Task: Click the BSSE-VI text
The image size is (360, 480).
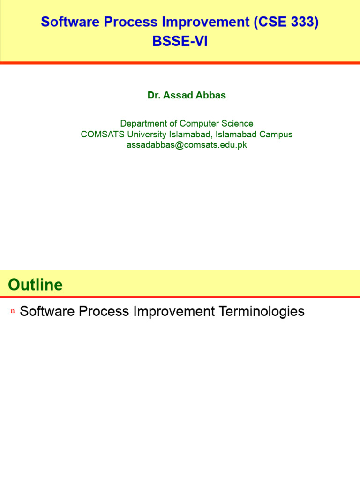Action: pos(180,41)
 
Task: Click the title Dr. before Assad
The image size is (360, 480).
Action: pos(154,95)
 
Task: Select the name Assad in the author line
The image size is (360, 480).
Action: pos(176,95)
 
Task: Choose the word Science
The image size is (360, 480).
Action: pos(237,123)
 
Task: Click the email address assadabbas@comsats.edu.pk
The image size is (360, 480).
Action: pos(187,145)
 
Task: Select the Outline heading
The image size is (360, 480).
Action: pos(35,285)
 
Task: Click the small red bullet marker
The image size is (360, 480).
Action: pos(12,312)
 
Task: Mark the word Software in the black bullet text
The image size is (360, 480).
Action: pos(47,311)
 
